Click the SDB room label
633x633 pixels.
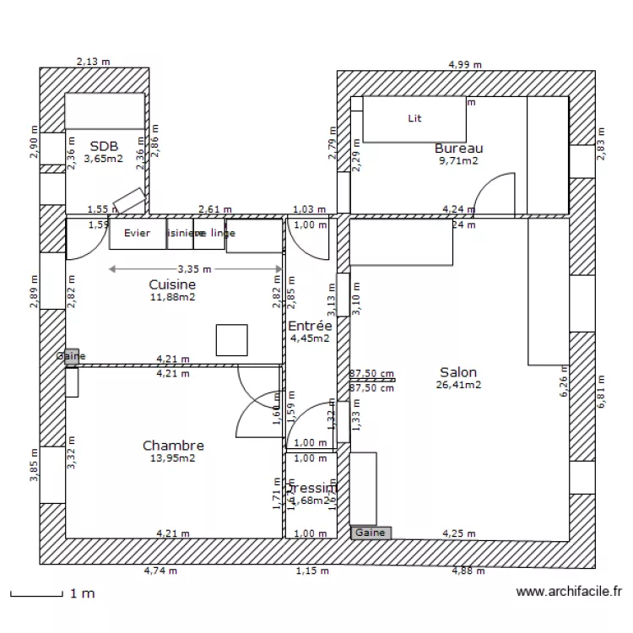click(x=105, y=145)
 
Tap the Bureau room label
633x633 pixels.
click(x=458, y=149)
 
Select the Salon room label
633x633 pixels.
click(x=458, y=372)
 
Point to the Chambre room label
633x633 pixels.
click(x=173, y=446)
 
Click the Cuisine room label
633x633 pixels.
click(x=172, y=285)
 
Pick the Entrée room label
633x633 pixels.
click(x=310, y=326)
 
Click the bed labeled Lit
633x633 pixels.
click(x=414, y=119)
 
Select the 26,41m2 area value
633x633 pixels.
click(x=458, y=385)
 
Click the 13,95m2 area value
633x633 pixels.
click(x=173, y=458)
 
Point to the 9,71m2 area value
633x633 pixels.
click(x=458, y=160)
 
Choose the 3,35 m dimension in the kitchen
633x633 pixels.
click(x=195, y=269)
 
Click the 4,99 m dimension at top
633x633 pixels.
click(x=465, y=64)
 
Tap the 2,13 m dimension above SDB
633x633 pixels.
click(x=94, y=62)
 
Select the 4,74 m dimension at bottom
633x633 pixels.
click(x=160, y=571)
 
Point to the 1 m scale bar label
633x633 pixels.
click(x=82, y=594)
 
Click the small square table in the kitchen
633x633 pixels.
click(x=231, y=339)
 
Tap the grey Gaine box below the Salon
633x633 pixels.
click(x=371, y=533)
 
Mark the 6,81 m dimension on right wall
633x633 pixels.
click(x=602, y=392)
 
